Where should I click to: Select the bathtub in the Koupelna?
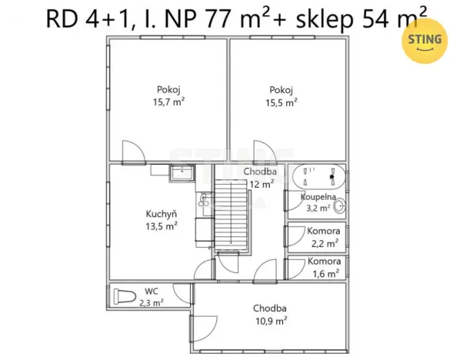[318, 178]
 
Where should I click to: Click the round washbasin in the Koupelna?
[339, 206]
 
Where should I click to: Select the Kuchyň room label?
[162, 214]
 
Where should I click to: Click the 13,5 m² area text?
[162, 226]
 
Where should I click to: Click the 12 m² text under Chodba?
[260, 184]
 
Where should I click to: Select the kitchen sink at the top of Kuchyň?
[182, 172]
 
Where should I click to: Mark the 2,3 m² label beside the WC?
[152, 303]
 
